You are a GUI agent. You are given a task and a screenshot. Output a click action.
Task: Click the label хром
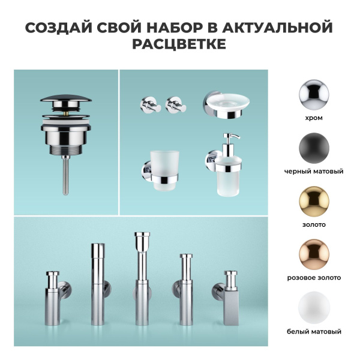(313, 118)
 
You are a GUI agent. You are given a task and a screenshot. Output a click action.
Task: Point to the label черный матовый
(313, 172)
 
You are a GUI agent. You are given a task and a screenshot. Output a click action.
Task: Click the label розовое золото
(313, 278)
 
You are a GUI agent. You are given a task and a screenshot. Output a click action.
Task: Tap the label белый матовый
(313, 331)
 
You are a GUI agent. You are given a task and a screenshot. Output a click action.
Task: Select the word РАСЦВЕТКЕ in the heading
(180, 46)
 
